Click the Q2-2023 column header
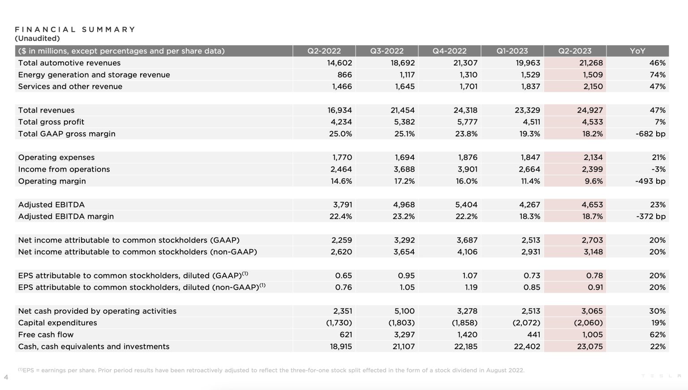[575, 51]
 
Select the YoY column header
[637, 51]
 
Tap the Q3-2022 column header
[387, 51]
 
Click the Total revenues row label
[47, 110]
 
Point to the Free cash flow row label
[46, 335]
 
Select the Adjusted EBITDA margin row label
[66, 217]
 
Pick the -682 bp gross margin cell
[650, 134]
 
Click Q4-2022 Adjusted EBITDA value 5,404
[466, 205]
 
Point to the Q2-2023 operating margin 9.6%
[593, 181]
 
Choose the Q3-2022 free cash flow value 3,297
[404, 335]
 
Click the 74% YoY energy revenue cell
[657, 75]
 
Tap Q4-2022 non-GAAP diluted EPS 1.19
[471, 287]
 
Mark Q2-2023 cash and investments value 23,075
[589, 347]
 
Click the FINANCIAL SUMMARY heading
[75, 30]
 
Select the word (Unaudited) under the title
[37, 39]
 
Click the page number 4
[6, 377]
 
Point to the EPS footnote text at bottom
[271, 370]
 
